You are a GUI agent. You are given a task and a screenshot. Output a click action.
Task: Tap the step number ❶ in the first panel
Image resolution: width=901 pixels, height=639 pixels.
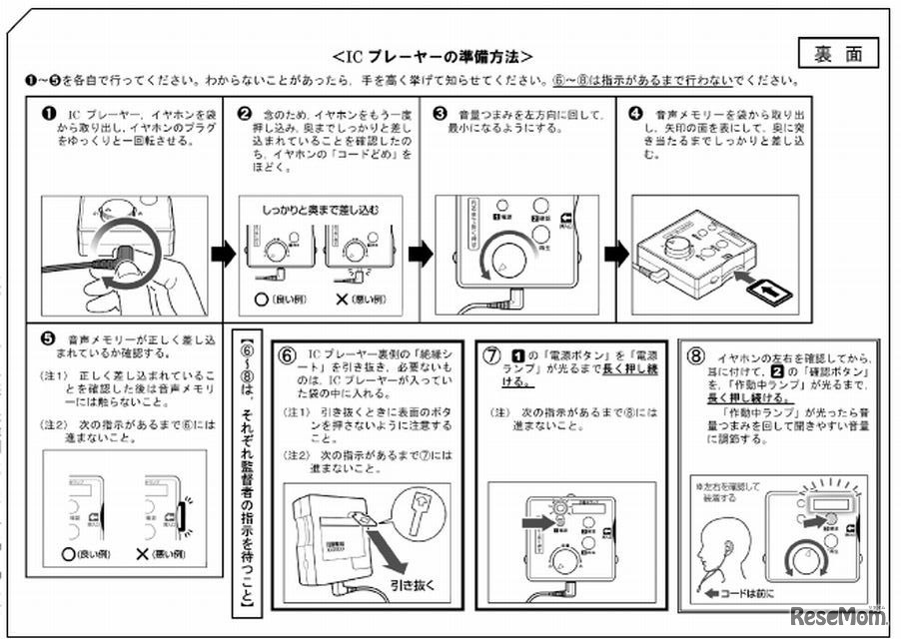click(48, 113)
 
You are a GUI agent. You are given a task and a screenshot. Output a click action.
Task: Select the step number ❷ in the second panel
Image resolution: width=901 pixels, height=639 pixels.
click(245, 113)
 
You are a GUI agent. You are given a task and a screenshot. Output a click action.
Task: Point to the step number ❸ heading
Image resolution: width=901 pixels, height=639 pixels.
click(440, 113)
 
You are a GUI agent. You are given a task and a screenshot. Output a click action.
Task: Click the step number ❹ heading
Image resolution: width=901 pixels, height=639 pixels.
click(634, 113)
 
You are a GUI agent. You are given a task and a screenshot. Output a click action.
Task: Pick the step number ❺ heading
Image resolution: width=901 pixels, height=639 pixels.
click(48, 338)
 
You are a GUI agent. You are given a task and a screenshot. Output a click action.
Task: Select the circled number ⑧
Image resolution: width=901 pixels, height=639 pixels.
click(697, 355)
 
